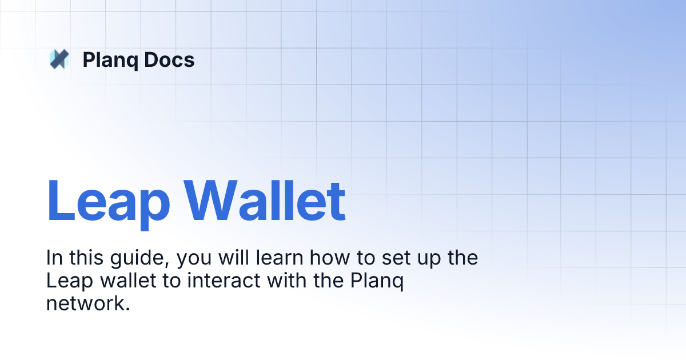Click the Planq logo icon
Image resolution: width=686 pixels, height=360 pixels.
(x=59, y=59)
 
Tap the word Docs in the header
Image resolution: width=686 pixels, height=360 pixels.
(x=169, y=59)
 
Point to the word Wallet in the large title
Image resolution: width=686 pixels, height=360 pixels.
(x=264, y=202)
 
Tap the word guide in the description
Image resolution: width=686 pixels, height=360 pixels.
(x=142, y=258)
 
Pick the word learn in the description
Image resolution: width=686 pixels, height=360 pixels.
(x=279, y=258)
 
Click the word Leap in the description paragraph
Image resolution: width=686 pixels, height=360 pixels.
(x=66, y=282)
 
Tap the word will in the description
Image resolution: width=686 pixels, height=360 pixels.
(x=230, y=258)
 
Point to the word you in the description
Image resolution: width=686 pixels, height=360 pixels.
(x=195, y=259)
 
